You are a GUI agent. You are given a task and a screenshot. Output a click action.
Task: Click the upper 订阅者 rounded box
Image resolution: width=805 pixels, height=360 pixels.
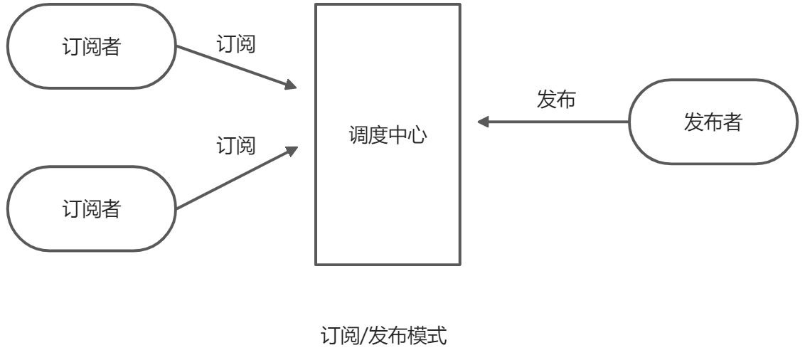[91, 47]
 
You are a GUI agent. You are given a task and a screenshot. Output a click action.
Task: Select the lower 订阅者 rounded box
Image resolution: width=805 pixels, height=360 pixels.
[91, 209]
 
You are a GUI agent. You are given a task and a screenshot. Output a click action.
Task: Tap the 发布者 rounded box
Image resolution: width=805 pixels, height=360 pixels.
[713, 122]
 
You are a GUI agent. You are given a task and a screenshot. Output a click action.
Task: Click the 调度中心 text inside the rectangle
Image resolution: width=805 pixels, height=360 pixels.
[388, 135]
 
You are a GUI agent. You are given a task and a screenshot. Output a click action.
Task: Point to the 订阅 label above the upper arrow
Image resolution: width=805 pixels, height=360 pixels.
[235, 44]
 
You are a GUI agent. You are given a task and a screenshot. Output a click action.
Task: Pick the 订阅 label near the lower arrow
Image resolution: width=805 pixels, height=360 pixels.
[235, 147]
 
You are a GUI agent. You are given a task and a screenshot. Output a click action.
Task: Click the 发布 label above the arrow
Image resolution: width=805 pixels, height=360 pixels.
[555, 100]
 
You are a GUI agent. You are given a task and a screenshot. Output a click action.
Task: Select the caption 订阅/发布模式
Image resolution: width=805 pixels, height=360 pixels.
[385, 336]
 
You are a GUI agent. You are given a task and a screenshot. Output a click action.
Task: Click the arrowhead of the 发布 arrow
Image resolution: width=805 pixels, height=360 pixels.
[484, 122]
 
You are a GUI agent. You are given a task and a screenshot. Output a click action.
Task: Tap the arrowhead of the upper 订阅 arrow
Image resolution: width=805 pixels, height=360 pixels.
[291, 85]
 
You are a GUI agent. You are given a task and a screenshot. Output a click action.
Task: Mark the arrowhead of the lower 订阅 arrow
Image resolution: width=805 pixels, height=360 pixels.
[291, 149]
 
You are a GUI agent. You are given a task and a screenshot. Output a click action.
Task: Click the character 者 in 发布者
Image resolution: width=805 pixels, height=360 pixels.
[732, 122]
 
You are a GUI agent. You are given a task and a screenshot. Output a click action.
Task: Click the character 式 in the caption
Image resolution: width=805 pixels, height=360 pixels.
[437, 336]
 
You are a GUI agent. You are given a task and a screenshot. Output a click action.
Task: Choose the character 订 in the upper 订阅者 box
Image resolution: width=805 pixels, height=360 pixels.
[72, 48]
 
